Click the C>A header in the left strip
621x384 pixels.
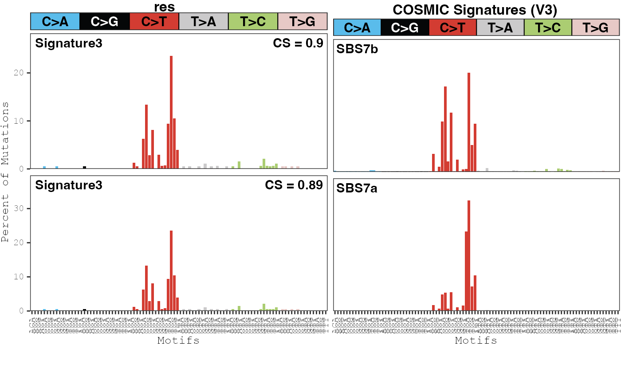click(55, 21)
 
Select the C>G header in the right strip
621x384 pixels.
click(405, 27)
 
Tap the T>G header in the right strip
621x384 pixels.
click(595, 27)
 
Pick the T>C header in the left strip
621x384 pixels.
click(253, 21)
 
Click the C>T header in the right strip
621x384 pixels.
click(452, 27)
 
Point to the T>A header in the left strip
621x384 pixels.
click(204, 21)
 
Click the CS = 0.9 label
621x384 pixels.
click(298, 43)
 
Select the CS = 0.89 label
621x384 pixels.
click(294, 185)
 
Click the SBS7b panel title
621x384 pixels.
click(357, 49)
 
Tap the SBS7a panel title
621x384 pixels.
click(357, 188)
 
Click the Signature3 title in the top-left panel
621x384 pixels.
click(69, 43)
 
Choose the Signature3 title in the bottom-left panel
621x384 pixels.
click(69, 185)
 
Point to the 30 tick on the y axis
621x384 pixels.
click(22, 208)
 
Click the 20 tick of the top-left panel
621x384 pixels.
click(22, 73)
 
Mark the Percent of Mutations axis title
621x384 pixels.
click(5, 172)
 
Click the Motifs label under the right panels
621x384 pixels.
click(476, 341)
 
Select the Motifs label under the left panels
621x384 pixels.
click(178, 341)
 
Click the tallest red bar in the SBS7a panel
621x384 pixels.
click(469, 255)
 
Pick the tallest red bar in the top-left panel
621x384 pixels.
click(171, 112)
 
